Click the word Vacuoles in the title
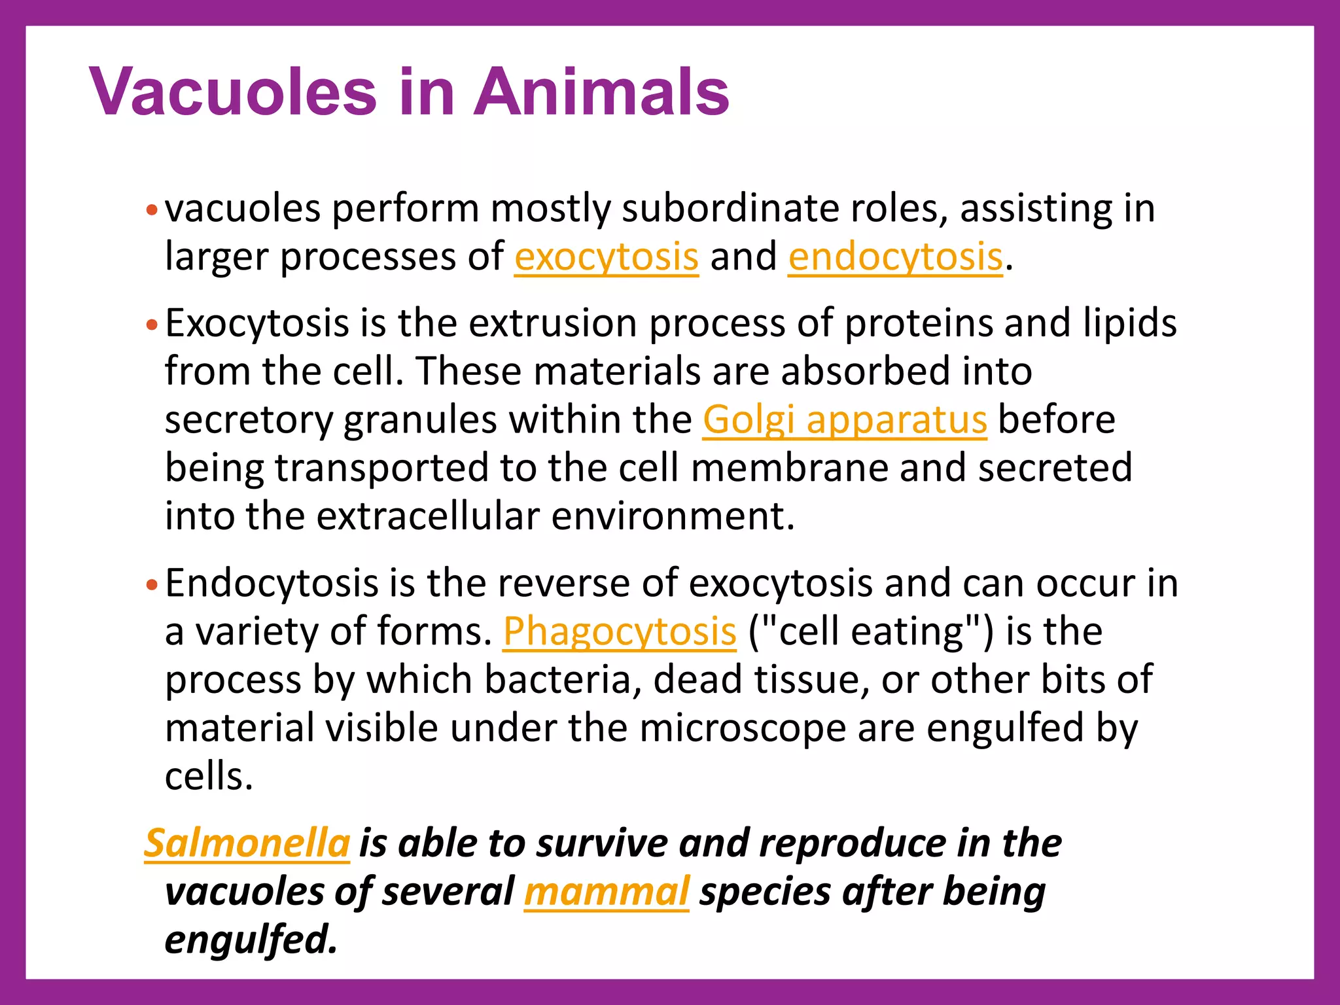[x=233, y=92]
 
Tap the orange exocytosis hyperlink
[x=606, y=256]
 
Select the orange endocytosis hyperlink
[x=894, y=256]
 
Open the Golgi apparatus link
[x=844, y=419]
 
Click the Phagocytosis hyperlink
[x=619, y=632]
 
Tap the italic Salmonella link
[x=247, y=843]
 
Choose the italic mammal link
[x=606, y=891]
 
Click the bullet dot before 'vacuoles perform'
[x=152, y=211]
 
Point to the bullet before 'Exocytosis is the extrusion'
[x=152, y=325]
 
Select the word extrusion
[x=553, y=323]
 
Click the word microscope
[x=743, y=728]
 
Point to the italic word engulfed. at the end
[x=251, y=940]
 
